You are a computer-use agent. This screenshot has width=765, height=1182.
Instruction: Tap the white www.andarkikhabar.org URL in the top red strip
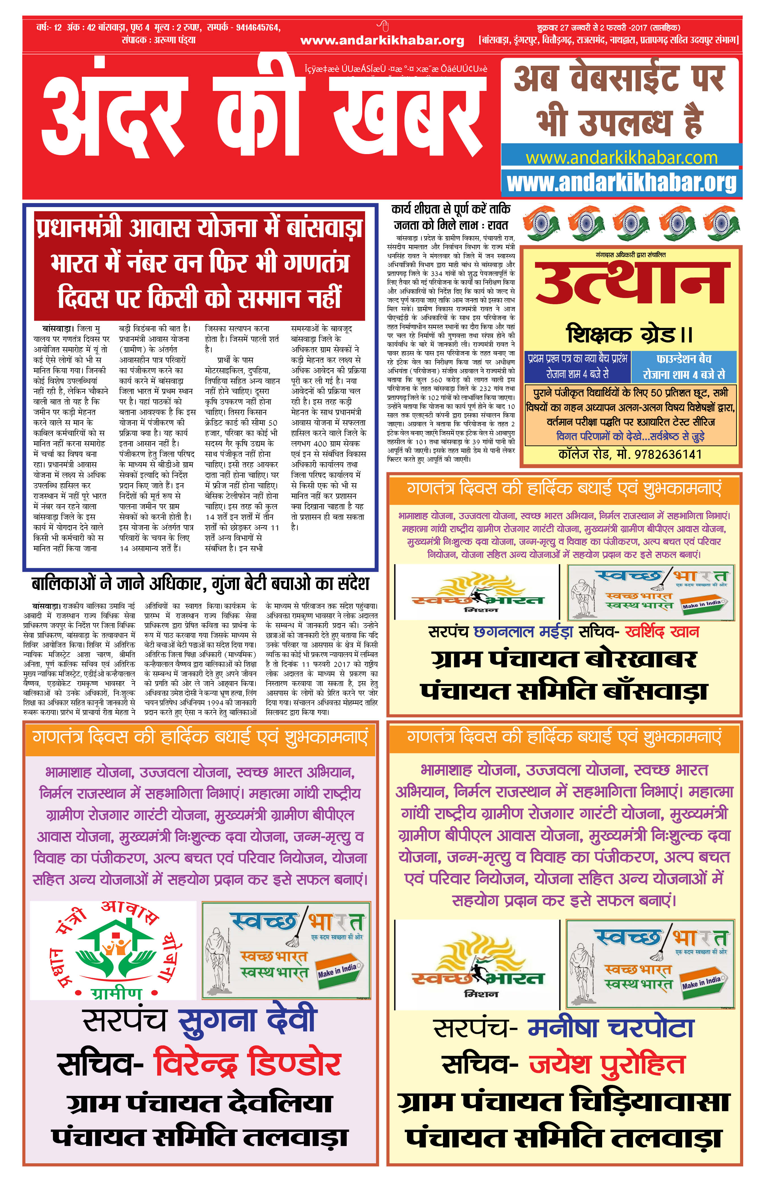tap(382, 41)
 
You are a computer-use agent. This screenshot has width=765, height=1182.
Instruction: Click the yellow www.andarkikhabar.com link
tap(621, 158)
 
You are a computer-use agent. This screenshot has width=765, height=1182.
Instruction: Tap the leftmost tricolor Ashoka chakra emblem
tap(540, 223)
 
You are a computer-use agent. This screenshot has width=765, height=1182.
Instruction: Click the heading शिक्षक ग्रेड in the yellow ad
tap(629, 334)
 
